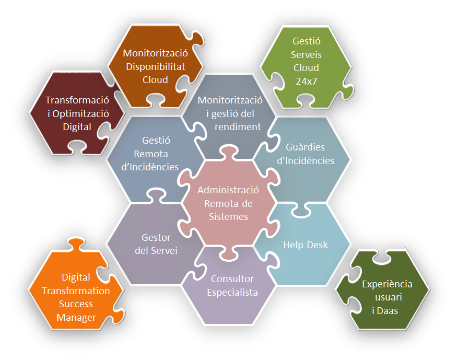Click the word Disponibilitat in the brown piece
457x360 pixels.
pyautogui.click(x=155, y=67)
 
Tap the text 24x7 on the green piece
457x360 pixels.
pyautogui.click(x=306, y=81)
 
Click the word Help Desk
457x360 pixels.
pyautogui.click(x=305, y=245)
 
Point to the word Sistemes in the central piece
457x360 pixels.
pyautogui.click(x=228, y=217)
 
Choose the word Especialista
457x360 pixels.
pyautogui.click(x=232, y=293)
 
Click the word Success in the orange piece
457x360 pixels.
pyautogui.click(x=76, y=304)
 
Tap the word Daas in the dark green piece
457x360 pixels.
pyautogui.click(x=388, y=311)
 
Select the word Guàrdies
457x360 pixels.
pyautogui.click(x=305, y=147)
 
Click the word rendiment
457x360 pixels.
pyautogui.click(x=238, y=127)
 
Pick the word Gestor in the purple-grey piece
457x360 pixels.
pyautogui.click(x=156, y=238)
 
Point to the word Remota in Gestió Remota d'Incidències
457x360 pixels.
pyautogui.click(x=151, y=154)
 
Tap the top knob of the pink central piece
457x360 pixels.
pyautogui.click(x=229, y=153)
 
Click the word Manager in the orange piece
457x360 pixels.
pyautogui.click(x=76, y=317)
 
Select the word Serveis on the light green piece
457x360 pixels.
pyautogui.click(x=306, y=54)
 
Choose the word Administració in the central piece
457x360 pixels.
pyautogui.click(x=228, y=190)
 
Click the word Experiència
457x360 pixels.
pyautogui.click(x=387, y=284)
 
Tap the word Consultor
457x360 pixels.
pyautogui.click(x=232, y=279)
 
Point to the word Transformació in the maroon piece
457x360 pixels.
pyautogui.click(x=77, y=100)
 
